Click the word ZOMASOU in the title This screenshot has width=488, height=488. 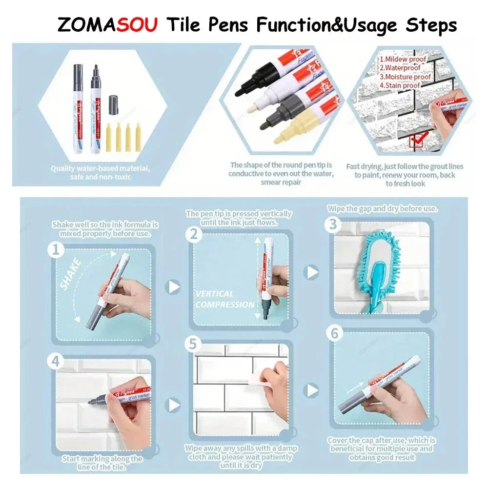[107, 24]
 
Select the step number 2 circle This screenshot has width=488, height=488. [194, 234]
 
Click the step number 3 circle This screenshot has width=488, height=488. [333, 224]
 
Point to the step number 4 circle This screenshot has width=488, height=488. [56, 362]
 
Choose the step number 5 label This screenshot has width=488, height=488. [194, 345]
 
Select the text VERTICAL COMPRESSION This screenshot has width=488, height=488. [224, 299]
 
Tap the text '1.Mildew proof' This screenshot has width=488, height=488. [403, 59]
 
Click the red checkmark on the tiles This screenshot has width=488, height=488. [418, 139]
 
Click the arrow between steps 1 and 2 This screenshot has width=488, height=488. [174, 287]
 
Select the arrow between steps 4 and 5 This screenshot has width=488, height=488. [174, 405]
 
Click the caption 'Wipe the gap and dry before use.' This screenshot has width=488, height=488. [382, 208]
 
